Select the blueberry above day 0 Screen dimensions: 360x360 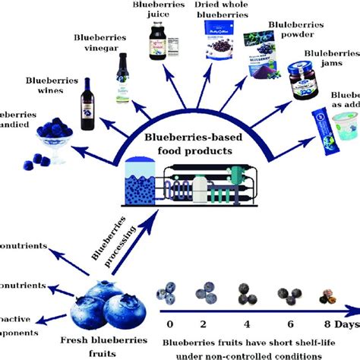(x=169, y=291)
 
